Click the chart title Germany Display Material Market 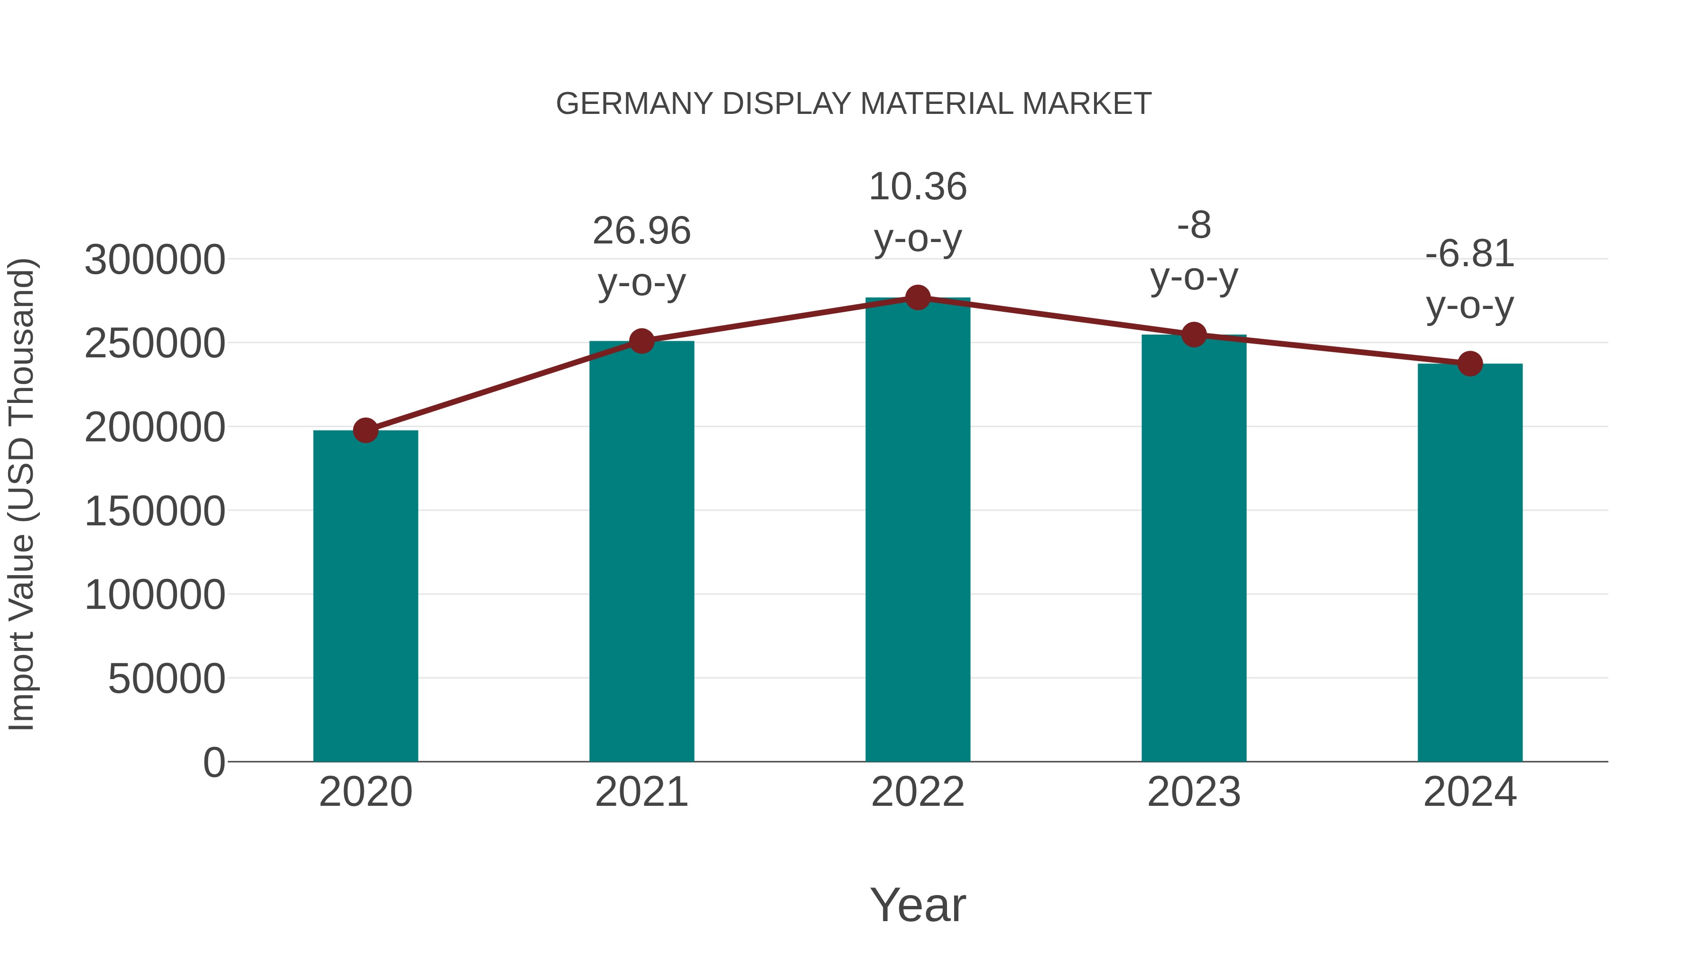(854, 104)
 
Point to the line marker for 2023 (1194, 335)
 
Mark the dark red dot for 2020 (365, 430)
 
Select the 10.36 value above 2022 (918, 187)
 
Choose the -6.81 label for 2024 (1470, 254)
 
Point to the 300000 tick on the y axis (155, 260)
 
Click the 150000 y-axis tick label (155, 511)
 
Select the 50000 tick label (167, 679)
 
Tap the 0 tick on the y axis (214, 763)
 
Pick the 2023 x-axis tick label (1194, 792)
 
